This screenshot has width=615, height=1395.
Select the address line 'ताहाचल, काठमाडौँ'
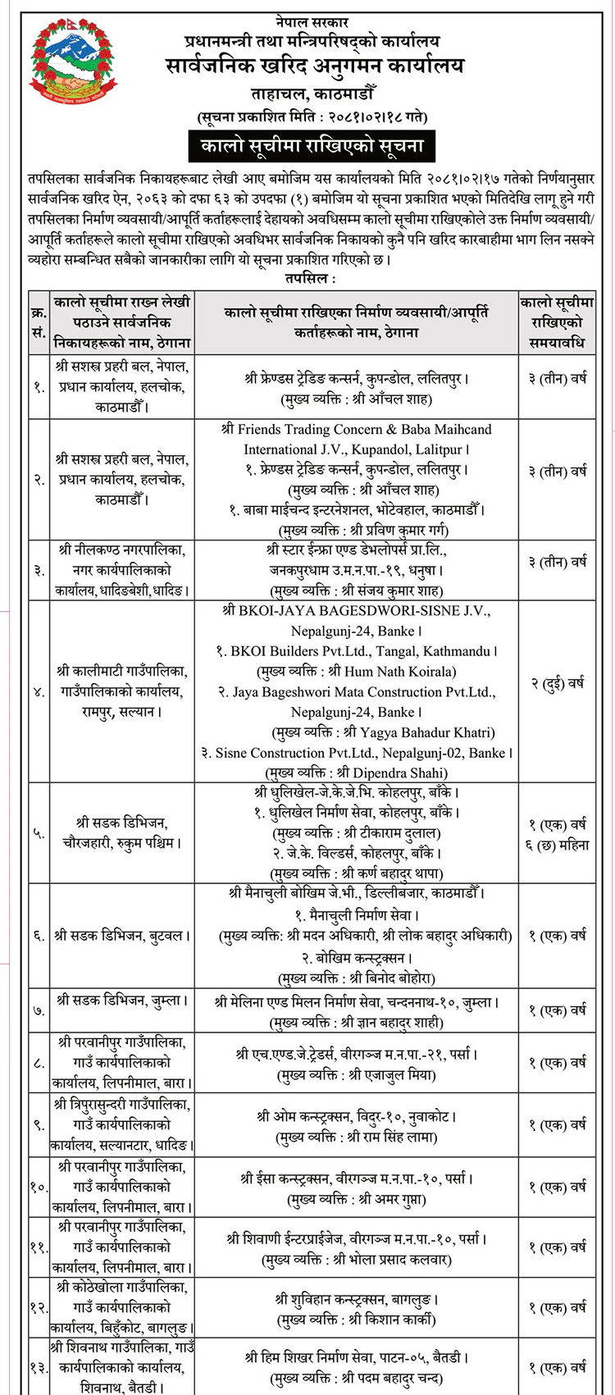pyautogui.click(x=310, y=92)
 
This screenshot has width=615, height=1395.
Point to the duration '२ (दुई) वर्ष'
pyautogui.click(x=557, y=682)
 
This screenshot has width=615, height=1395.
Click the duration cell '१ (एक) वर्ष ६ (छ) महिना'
pyautogui.click(x=557, y=833)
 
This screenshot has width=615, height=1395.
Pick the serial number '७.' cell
pyautogui.click(x=39, y=1010)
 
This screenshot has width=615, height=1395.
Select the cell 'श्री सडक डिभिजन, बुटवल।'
pyautogui.click(x=122, y=935)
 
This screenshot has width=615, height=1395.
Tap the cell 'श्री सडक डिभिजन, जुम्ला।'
pyautogui.click(x=122, y=1001)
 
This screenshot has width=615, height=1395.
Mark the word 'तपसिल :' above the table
pyautogui.click(x=309, y=280)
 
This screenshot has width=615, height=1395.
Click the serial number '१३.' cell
pyautogui.click(x=38, y=1366)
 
